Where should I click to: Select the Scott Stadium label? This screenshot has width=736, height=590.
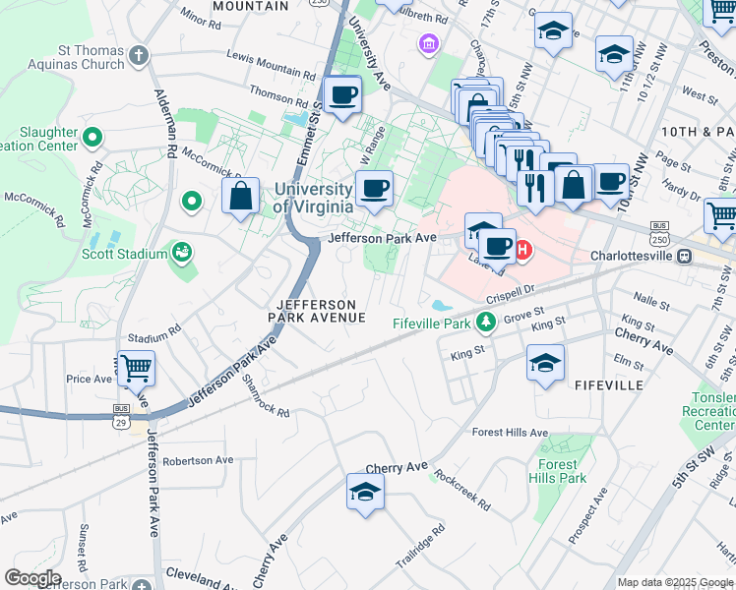coord(124,254)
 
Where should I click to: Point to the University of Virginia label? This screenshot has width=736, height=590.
coord(312,198)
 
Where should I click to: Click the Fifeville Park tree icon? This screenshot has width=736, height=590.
coord(485,322)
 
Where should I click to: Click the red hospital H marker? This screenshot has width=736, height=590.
coord(523,250)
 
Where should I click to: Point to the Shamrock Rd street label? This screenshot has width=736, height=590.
coord(266,397)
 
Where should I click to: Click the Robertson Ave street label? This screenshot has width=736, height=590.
coord(199,460)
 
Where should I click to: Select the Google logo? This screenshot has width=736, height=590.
coord(31,578)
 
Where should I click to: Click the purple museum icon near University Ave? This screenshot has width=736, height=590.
coord(429,43)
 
